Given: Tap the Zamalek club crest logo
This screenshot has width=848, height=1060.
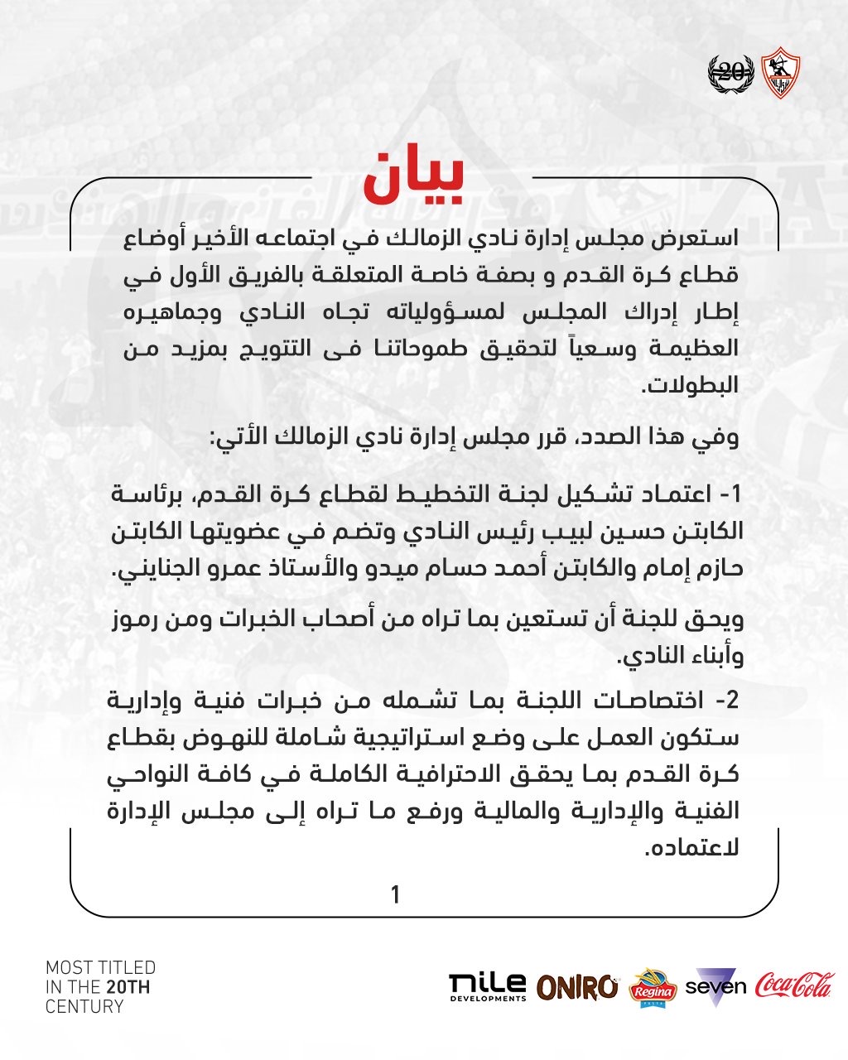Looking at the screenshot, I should (x=778, y=72).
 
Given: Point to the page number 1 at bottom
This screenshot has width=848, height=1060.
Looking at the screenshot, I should (x=396, y=894).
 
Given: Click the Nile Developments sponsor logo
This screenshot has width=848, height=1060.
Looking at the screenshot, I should (x=487, y=986).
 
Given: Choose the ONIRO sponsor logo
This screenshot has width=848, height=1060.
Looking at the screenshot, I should (x=577, y=987).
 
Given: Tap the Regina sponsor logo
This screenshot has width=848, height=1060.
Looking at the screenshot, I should (x=653, y=988).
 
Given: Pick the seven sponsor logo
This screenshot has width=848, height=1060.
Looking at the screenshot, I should (x=715, y=986).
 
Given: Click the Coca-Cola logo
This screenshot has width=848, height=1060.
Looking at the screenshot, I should (x=794, y=985).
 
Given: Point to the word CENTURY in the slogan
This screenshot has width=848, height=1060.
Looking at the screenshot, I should (x=84, y=1007).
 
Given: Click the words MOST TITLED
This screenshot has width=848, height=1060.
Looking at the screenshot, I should (x=100, y=967).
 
